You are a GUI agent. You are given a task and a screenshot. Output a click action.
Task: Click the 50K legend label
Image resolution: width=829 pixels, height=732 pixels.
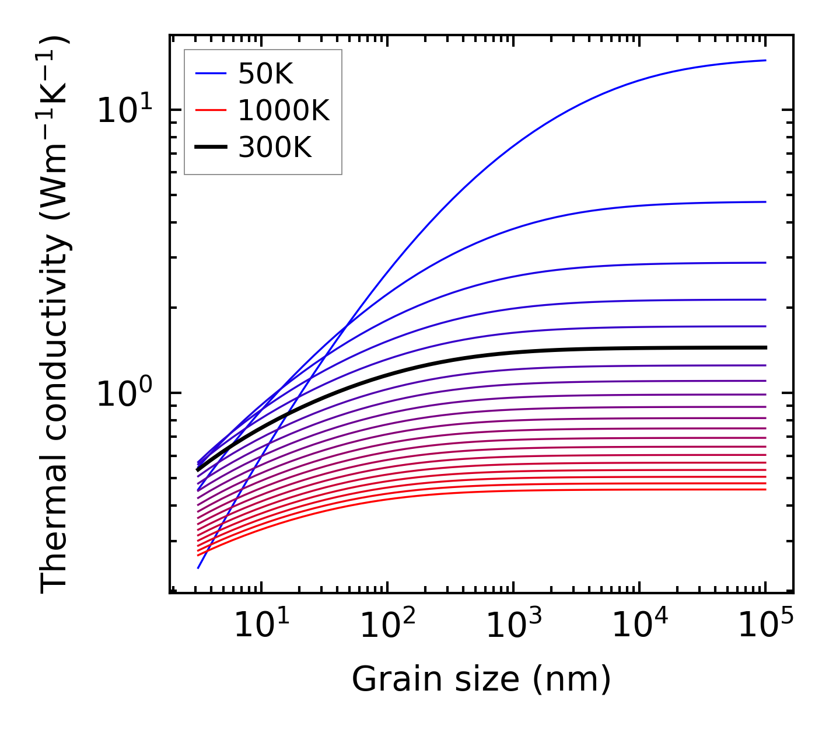(x=265, y=74)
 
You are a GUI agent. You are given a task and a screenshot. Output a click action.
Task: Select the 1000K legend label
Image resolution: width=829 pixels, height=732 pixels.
(x=284, y=110)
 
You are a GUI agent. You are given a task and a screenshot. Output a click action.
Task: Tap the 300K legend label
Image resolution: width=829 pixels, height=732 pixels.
(x=275, y=148)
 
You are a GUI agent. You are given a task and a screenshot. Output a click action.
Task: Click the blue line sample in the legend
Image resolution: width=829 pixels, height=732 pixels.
(x=210, y=74)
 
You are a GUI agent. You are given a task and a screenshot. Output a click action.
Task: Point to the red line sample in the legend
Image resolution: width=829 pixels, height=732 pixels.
(x=210, y=110)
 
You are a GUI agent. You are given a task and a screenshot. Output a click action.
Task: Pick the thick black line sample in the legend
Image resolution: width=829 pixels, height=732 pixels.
(x=210, y=148)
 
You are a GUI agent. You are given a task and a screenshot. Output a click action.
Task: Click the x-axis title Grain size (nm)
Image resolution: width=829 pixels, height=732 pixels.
(x=481, y=679)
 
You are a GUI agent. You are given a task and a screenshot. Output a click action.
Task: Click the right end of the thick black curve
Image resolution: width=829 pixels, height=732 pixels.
(x=765, y=347)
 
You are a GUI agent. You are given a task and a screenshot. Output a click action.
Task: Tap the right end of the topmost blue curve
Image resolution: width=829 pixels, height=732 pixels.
(x=765, y=60)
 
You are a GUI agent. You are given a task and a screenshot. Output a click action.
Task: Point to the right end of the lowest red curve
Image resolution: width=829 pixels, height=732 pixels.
(x=765, y=489)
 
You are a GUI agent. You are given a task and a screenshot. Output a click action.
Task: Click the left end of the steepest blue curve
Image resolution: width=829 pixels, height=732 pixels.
(x=198, y=567)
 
